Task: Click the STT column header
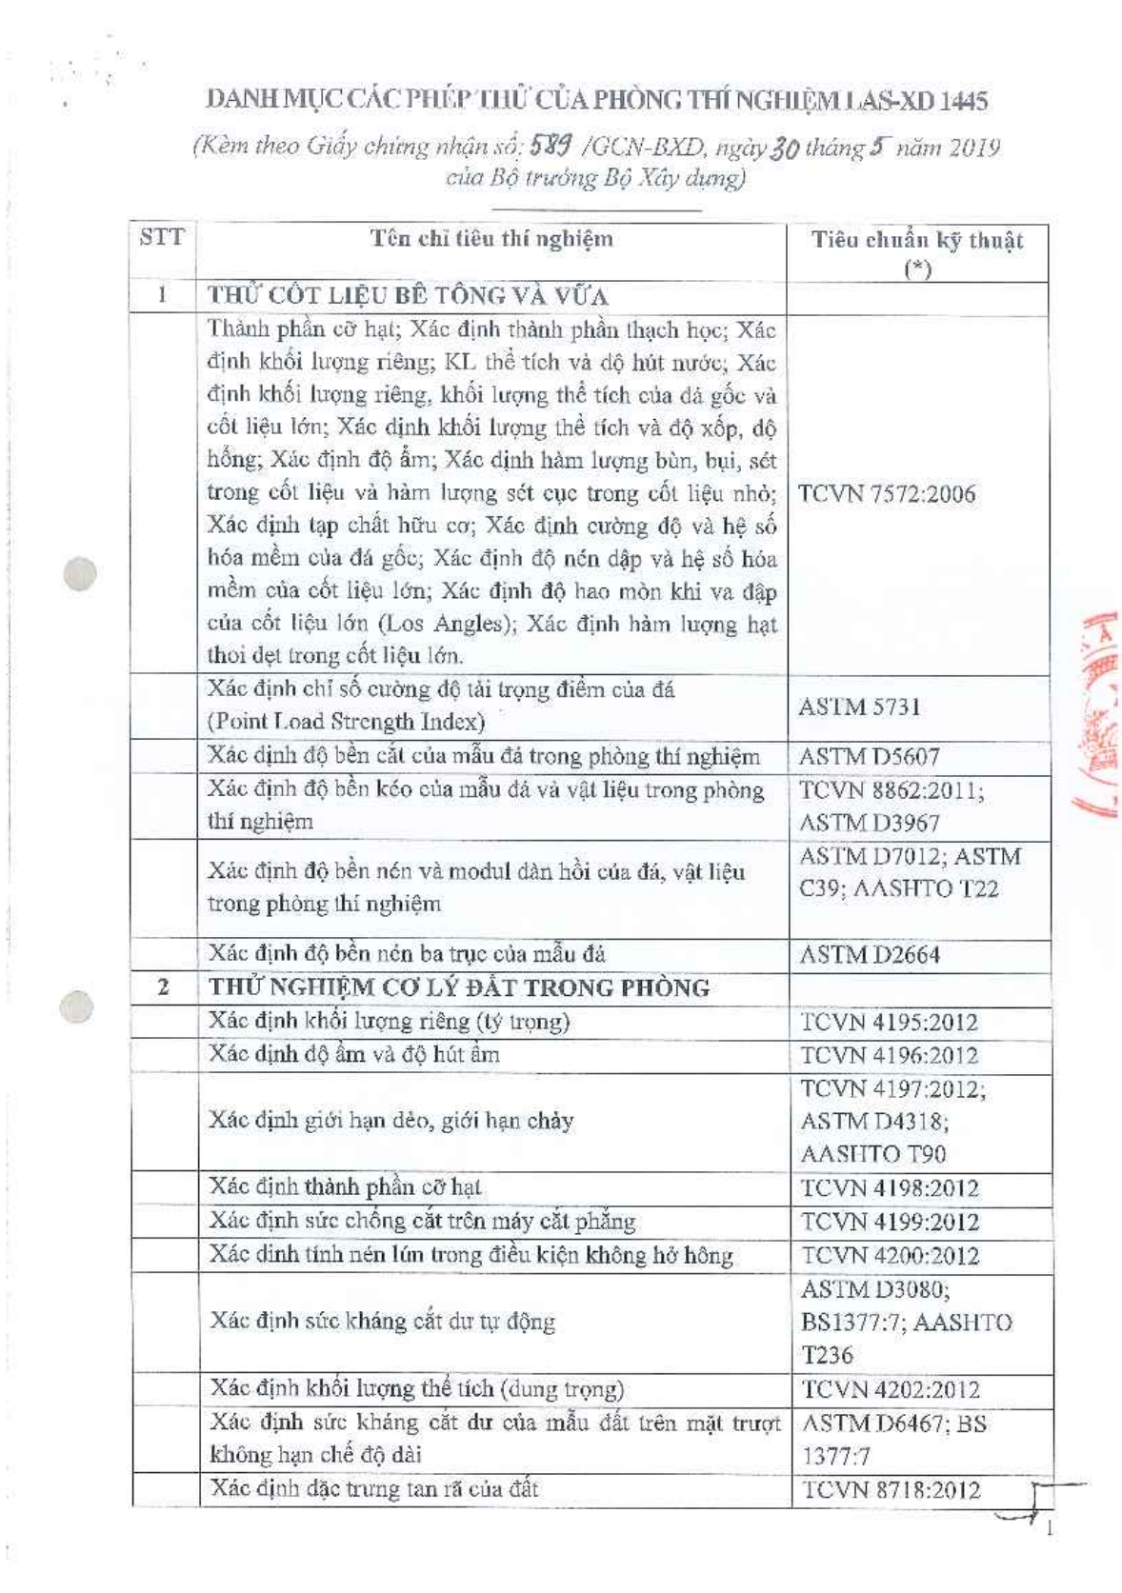161,238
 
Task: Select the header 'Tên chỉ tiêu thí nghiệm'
491,239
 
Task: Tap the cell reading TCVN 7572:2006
886,493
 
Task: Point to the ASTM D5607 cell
869,757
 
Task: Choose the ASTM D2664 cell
869,954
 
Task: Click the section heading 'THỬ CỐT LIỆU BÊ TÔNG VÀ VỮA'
408,295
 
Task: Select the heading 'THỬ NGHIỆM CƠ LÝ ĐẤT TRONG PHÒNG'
459,987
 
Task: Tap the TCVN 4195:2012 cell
889,1023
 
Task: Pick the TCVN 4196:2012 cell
889,1055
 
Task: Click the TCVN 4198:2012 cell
890,1188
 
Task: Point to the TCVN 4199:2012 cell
890,1222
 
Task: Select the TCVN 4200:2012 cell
890,1255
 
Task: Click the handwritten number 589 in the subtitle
551,146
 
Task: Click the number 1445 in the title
962,100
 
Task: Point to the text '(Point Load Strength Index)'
347,722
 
